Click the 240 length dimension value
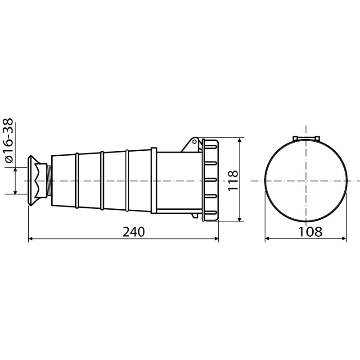[134, 232]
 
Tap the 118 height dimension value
[233, 180]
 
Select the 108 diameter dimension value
[310, 232]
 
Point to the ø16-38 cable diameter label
[9, 141]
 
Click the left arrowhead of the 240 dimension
[30, 239]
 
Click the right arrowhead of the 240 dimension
[216, 239]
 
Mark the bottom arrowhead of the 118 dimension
[239, 219]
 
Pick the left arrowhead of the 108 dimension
[267, 239]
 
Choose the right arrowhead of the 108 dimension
[344, 239]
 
